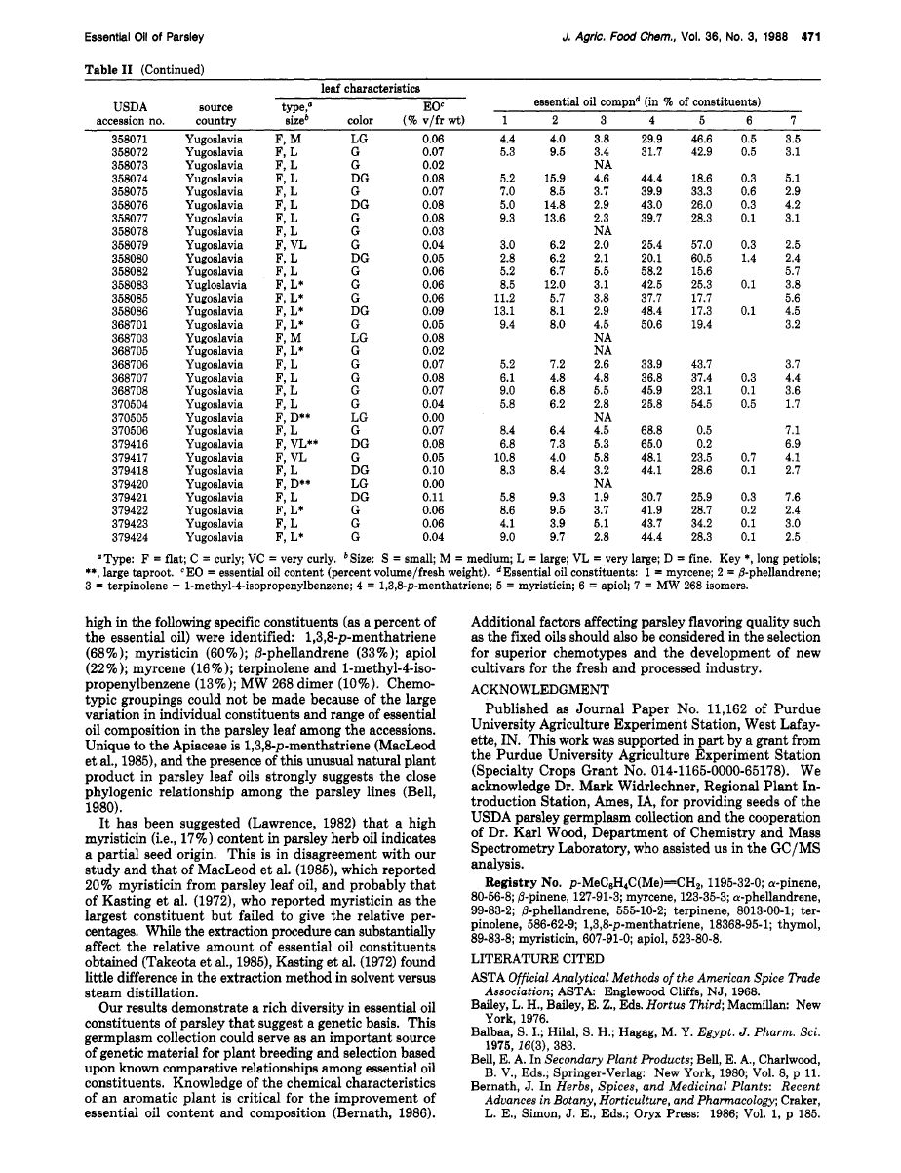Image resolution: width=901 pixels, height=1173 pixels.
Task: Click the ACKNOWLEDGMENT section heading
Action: pyautogui.click(x=538, y=715)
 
